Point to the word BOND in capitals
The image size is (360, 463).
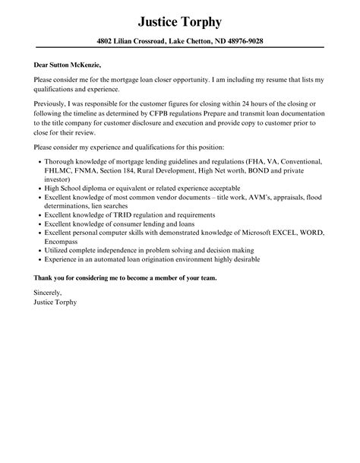(x=273, y=172)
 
